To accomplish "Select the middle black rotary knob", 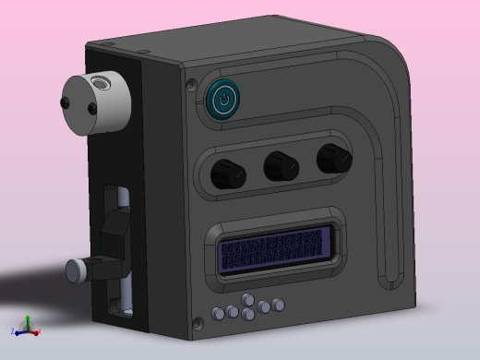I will pyautogui.click(x=280, y=167).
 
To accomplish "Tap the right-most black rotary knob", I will pyautogui.click(x=332, y=159).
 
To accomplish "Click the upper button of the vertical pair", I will pyautogui.click(x=248, y=300).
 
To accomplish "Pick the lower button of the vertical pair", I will pyautogui.click(x=248, y=315).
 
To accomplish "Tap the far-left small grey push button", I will pyautogui.click(x=218, y=313).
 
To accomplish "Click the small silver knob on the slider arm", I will pyautogui.click(x=77, y=270).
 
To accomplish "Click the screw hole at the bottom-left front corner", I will pyautogui.click(x=198, y=322).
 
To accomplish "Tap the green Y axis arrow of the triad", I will pyautogui.click(x=27, y=322).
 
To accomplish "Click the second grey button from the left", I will pyautogui.click(x=234, y=310).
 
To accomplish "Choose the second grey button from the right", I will pyautogui.click(x=264, y=306).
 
